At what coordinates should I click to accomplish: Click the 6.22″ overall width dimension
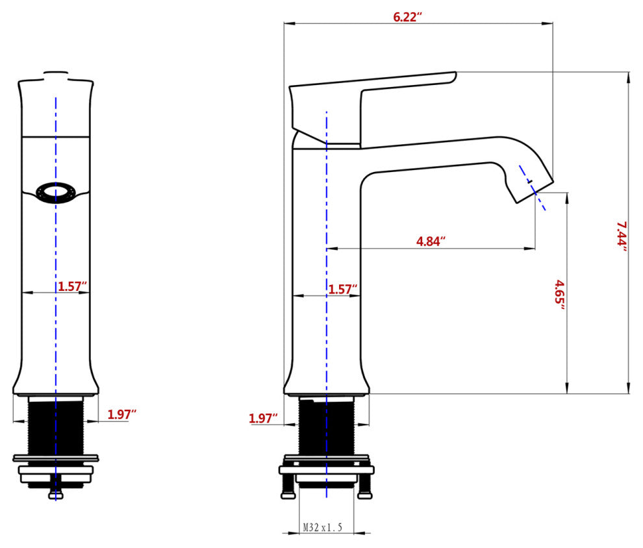point(408,17)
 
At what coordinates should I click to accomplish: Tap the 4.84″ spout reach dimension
point(431,242)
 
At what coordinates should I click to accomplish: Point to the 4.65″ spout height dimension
point(559,294)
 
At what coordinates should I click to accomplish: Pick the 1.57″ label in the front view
point(73,286)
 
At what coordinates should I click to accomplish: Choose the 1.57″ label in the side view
point(342,288)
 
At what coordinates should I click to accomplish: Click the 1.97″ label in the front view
point(121,414)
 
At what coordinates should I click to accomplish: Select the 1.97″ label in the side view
point(263,419)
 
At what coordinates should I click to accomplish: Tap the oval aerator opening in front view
point(56,193)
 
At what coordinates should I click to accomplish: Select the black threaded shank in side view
point(326,425)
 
